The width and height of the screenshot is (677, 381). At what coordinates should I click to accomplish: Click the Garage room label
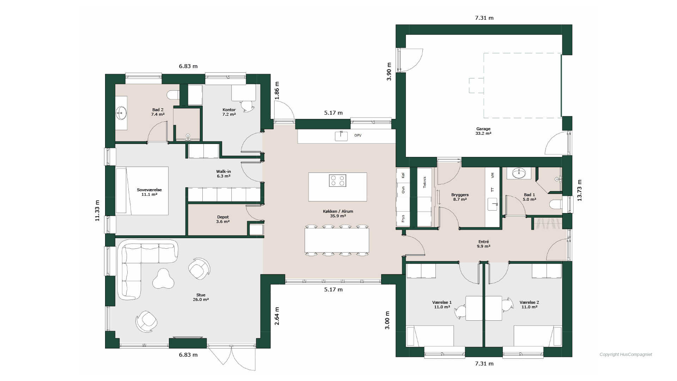tap(483, 131)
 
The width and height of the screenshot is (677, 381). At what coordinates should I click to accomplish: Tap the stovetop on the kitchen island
tap(337, 181)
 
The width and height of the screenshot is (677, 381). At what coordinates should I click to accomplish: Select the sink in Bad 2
tap(121, 114)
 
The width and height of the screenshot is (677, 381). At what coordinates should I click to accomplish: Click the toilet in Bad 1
tap(556, 204)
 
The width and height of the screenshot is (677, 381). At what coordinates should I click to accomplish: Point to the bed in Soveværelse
tap(142, 190)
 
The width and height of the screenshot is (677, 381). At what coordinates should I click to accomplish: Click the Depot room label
tap(223, 219)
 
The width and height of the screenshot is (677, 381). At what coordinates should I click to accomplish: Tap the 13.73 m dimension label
tap(580, 190)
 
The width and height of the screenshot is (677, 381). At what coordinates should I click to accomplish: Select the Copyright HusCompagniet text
tap(626, 355)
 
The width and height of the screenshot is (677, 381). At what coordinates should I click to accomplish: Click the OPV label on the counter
tap(358, 135)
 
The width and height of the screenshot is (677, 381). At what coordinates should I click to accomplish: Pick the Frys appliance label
tap(403, 218)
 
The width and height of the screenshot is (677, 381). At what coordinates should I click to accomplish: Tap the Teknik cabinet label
tap(425, 182)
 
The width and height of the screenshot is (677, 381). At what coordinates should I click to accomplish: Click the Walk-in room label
tap(224, 174)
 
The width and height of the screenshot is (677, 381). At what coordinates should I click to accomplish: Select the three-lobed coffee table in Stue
tap(163, 279)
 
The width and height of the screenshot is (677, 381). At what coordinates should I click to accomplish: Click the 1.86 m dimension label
tap(277, 90)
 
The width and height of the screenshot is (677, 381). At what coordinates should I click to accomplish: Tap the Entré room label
tap(483, 244)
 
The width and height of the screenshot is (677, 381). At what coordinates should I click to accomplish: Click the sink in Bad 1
tap(519, 173)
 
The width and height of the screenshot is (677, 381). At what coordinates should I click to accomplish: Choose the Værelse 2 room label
tap(529, 304)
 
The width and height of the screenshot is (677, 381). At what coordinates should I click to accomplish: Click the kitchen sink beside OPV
tap(341, 136)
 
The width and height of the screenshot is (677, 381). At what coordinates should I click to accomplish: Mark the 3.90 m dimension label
tap(389, 72)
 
